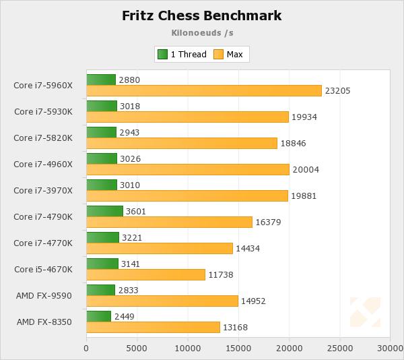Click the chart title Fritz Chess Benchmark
(x=202, y=16)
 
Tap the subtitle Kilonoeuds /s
(x=202, y=32)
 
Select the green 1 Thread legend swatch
(x=162, y=54)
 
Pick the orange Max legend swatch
(x=218, y=54)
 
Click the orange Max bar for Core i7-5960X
(x=204, y=91)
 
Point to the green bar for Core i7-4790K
(x=104, y=211)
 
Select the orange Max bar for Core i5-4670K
(x=145, y=274)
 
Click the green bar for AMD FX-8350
(x=98, y=316)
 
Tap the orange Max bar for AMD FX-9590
(x=162, y=301)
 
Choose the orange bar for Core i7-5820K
(x=182, y=143)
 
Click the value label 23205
(x=337, y=91)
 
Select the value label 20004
(x=306, y=169)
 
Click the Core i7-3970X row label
(x=43, y=190)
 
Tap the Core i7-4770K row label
(x=43, y=243)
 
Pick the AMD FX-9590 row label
(x=44, y=295)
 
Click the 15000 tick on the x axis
(x=238, y=348)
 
